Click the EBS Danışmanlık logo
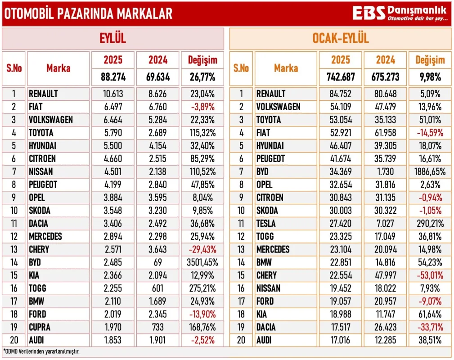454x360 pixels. pos(400,13)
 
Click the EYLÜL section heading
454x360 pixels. pos(112,39)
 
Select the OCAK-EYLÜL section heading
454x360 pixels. pos(341,39)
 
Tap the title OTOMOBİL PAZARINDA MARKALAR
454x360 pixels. pos(88,13)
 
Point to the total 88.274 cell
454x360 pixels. pos(113,77)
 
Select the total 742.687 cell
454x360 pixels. pos(341,77)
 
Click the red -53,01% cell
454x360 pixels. pos(430,275)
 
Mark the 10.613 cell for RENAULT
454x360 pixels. pos(113,94)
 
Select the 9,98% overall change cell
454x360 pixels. pos(430,77)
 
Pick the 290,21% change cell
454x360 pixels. pos(430,224)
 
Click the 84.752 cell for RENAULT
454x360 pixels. pos(341,94)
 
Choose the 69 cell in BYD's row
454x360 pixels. pos(158,262)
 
